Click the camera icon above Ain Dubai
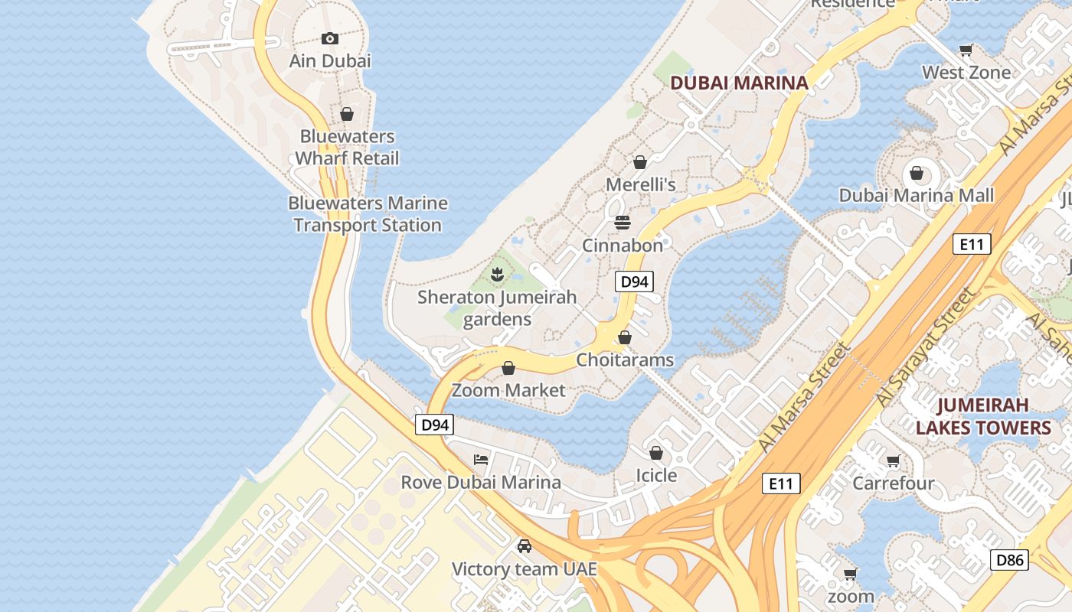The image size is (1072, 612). tap(330, 38)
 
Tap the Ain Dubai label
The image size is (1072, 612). tap(330, 60)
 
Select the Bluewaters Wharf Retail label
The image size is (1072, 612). tap(347, 148)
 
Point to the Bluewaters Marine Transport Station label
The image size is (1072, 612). tap(368, 214)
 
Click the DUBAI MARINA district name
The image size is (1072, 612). tap(739, 83)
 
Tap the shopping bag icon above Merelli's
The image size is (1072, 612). tap(640, 162)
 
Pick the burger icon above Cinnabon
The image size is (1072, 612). tap(623, 223)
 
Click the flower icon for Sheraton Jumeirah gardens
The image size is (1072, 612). tap(497, 273)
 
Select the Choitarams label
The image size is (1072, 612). tap(625, 360)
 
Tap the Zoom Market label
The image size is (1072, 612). tap(508, 390)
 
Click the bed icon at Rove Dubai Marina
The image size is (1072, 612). tap(481, 459)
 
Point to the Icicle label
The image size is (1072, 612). tap(656, 475)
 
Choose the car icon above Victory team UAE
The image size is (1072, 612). tap(525, 546)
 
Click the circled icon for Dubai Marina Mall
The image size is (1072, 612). tap(917, 172)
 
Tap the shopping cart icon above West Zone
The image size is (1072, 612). tap(966, 50)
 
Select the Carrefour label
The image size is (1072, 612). tap(894, 483)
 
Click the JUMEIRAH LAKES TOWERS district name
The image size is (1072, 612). tap(983, 416)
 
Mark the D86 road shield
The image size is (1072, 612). tap(1009, 560)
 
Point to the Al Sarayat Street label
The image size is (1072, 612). tap(926, 348)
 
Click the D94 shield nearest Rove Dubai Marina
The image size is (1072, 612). tap(434, 425)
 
